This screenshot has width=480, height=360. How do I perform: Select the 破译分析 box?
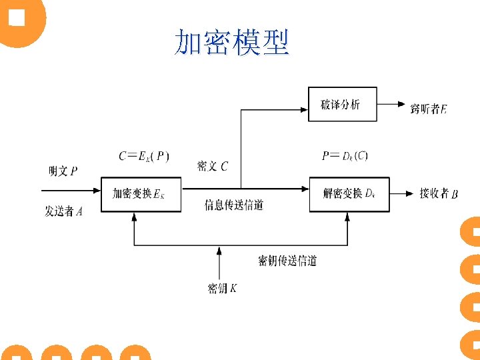click(342, 104)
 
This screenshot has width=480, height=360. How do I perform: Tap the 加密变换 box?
click(140, 194)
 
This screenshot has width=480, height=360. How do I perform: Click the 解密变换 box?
click(349, 194)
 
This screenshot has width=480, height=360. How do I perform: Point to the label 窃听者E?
click(428, 108)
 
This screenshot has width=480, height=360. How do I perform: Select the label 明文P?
click(63, 171)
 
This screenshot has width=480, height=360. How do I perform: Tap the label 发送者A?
click(64, 212)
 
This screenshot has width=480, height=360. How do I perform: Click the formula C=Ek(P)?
click(144, 156)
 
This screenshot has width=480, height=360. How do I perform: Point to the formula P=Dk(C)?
click(345, 156)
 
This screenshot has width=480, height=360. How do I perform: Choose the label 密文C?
click(212, 166)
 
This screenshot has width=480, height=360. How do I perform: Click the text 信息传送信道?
click(234, 205)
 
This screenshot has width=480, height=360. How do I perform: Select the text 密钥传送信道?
click(287, 261)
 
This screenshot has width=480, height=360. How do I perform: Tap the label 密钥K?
click(222, 289)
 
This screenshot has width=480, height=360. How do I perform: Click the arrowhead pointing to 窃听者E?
click(401, 104)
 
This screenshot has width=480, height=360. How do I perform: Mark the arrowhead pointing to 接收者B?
click(408, 194)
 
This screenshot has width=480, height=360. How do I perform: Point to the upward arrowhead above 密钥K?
click(219, 249)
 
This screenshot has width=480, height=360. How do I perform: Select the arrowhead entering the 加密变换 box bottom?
click(134, 216)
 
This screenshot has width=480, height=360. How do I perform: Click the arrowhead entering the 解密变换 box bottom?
click(347, 216)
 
